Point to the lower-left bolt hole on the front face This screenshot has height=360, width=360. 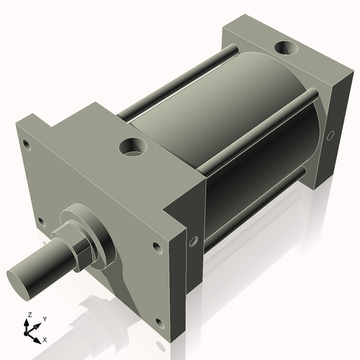(40, 220)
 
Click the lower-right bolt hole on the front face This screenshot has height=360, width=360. (157, 248)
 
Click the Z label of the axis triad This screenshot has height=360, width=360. (30, 315)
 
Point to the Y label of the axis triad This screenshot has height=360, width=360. (45, 318)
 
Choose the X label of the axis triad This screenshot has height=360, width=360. (45, 338)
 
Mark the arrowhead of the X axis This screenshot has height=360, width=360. (38, 337)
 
